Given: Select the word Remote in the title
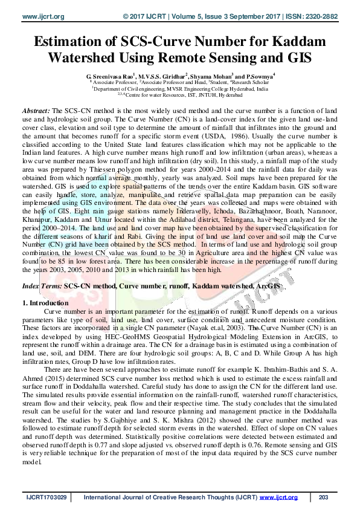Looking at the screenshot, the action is tap(205, 59).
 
